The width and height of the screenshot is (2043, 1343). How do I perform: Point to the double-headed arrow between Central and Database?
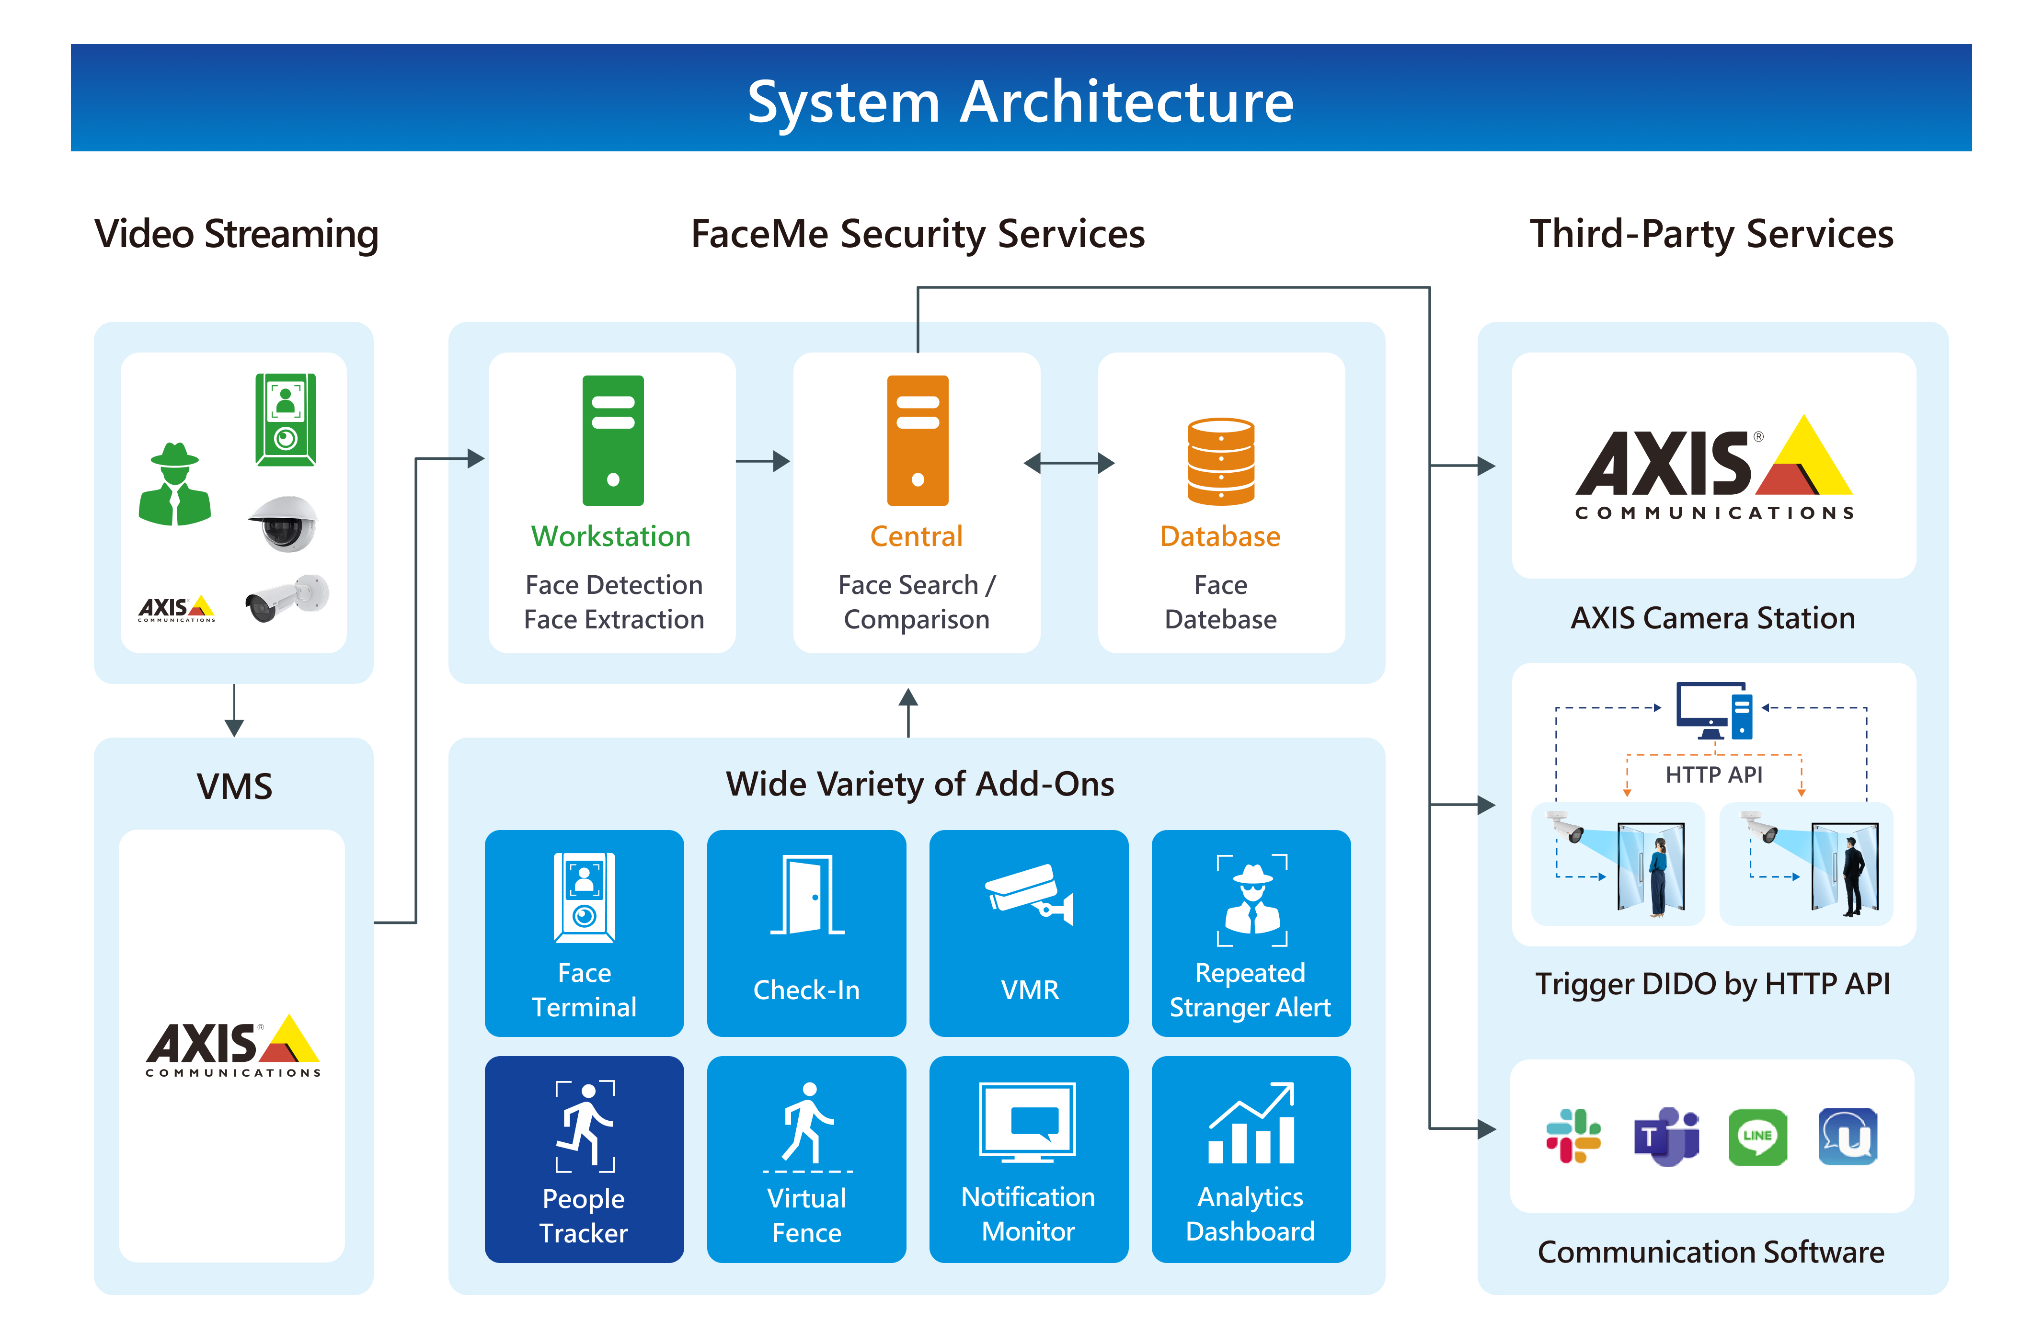pos(1069,464)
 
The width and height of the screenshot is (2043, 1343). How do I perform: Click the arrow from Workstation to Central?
pos(762,461)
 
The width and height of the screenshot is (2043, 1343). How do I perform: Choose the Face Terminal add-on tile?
pos(584,933)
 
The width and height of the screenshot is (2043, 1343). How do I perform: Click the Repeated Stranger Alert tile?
pos(1251,933)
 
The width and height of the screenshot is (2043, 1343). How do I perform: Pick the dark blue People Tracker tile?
pos(584,1159)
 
